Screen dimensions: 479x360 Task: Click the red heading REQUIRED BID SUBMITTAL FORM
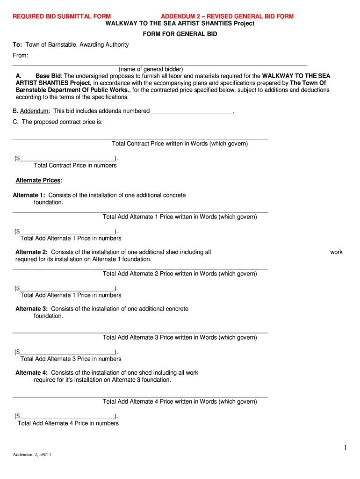pos(61,16)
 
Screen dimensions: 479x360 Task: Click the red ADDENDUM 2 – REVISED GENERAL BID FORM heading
pos(227,16)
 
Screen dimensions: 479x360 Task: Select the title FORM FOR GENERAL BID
pos(180,34)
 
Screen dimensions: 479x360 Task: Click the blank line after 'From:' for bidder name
pos(159,64)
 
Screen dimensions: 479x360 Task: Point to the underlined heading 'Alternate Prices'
pos(38,180)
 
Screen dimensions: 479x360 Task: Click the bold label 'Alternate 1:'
pos(29,195)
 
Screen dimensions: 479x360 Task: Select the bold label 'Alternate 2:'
pos(32,252)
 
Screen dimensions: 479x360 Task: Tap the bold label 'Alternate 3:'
pos(32,309)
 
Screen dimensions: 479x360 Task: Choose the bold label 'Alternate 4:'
pos(32,373)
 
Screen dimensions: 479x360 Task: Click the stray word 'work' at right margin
pos(336,252)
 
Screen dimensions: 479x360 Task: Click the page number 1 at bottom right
pos(346,448)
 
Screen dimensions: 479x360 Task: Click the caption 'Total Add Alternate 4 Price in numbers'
pos(68,423)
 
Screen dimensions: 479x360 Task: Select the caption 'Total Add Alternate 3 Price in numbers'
pos(71,359)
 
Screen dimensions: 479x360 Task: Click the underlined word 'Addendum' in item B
pos(34,111)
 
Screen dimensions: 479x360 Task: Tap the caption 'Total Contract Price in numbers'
pos(75,165)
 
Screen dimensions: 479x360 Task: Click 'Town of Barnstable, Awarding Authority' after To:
pos(77,45)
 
